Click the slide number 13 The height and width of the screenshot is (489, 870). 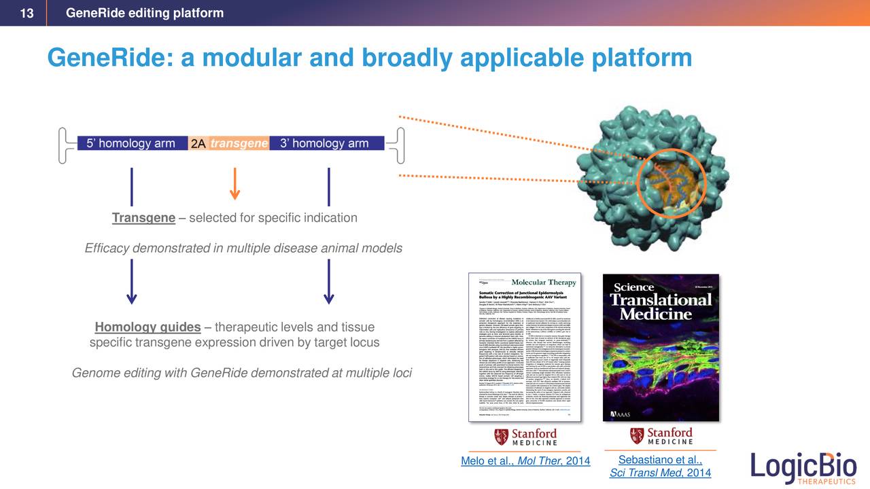click(x=27, y=14)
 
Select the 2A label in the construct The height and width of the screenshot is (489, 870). click(x=198, y=144)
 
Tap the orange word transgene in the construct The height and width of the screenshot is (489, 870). click(x=239, y=143)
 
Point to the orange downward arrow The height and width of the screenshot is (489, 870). click(x=234, y=184)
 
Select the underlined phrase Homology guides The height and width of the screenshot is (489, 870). click(x=147, y=328)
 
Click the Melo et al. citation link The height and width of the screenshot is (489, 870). click(x=525, y=462)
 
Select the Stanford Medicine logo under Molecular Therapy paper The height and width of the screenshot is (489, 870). click(x=525, y=437)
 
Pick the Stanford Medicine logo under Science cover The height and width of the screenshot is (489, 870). click(x=661, y=436)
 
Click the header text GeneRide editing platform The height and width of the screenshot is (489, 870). click(x=144, y=14)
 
